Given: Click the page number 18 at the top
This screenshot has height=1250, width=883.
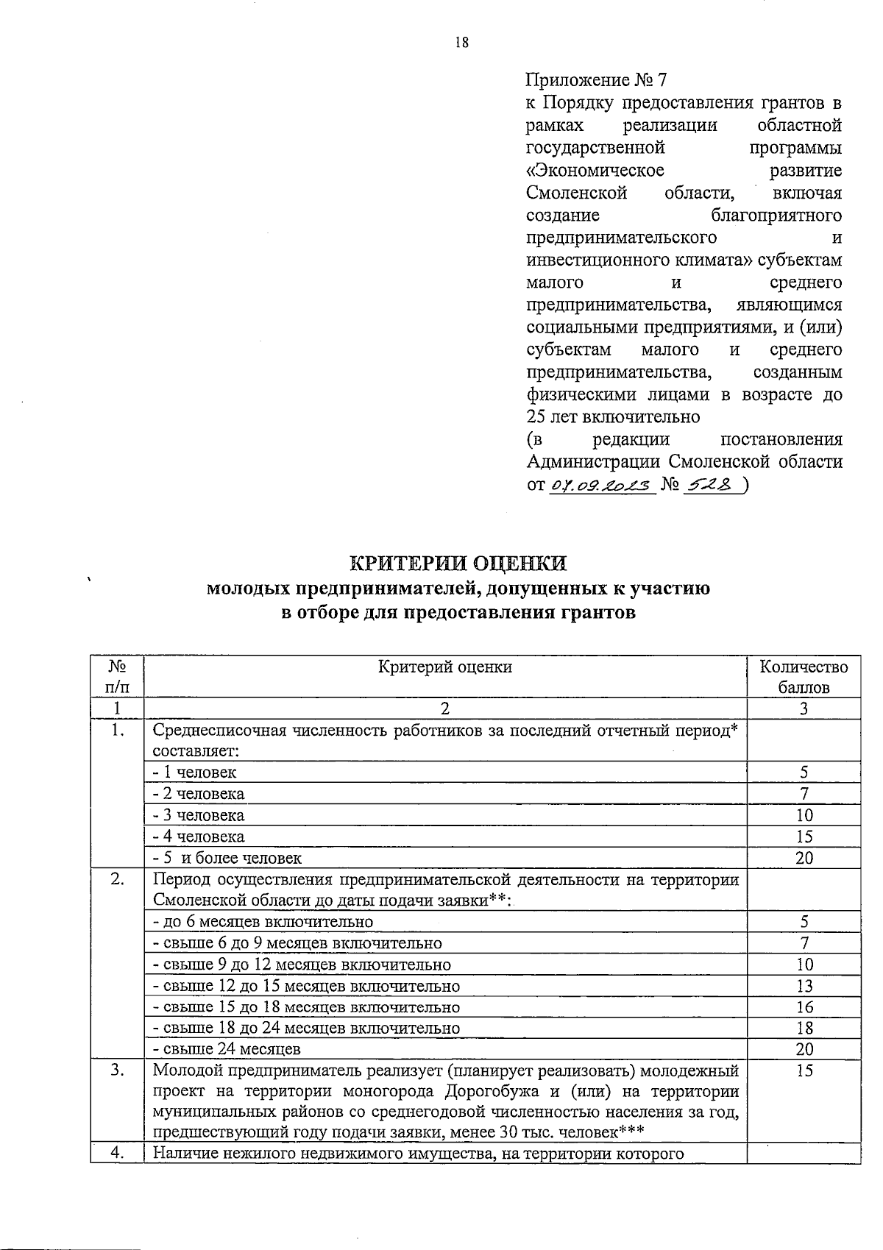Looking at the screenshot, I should (461, 43).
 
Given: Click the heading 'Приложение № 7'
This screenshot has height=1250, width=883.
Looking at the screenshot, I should (596, 79).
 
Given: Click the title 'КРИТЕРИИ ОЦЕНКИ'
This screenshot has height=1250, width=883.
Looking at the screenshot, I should (458, 564).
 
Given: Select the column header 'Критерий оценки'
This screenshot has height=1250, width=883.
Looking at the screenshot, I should (444, 667).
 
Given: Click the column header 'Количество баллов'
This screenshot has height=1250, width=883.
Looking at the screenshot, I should (804, 677).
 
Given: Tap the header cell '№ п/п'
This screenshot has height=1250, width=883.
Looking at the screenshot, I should (117, 677).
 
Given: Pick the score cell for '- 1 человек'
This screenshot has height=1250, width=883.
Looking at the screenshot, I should (804, 772).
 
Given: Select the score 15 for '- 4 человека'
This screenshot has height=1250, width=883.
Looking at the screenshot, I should (804, 837).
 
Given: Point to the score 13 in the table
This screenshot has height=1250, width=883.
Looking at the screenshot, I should (804, 986).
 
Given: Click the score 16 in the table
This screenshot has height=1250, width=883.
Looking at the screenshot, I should (804, 1007).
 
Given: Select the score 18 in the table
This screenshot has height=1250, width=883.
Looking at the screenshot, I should (804, 1029).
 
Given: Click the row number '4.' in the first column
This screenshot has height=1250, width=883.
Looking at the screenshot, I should (117, 1153).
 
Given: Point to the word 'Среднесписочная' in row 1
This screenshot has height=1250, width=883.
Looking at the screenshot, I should (220, 731).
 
